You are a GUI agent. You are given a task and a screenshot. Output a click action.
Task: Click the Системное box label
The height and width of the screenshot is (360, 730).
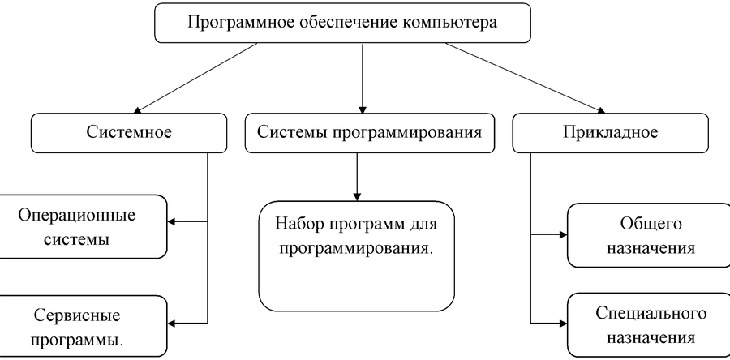[x=129, y=132]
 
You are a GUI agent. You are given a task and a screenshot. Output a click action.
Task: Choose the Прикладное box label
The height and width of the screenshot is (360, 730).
[x=610, y=132]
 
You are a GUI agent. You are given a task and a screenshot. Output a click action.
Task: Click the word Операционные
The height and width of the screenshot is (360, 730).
[x=77, y=216]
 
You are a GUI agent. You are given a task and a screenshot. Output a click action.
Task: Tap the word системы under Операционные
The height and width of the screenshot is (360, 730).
[x=77, y=240]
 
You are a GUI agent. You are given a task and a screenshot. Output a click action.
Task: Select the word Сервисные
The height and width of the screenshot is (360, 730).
[x=77, y=316]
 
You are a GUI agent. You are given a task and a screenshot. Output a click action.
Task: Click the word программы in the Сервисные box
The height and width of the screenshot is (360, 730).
[x=77, y=341]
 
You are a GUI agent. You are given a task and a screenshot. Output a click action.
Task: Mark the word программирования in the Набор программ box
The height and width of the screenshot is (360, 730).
[x=357, y=248]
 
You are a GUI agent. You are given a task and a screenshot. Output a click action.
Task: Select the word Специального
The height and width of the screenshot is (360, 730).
[x=651, y=313]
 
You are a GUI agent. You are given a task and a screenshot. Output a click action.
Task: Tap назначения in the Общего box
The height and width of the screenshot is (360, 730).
[x=651, y=248]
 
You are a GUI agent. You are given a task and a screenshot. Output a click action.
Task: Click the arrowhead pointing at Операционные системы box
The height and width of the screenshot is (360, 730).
[x=171, y=221]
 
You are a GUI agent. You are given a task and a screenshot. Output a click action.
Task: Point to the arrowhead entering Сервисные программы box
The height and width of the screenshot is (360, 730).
[x=171, y=323]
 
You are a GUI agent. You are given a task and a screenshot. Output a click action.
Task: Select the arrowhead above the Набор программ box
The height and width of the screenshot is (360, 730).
[x=357, y=197]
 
